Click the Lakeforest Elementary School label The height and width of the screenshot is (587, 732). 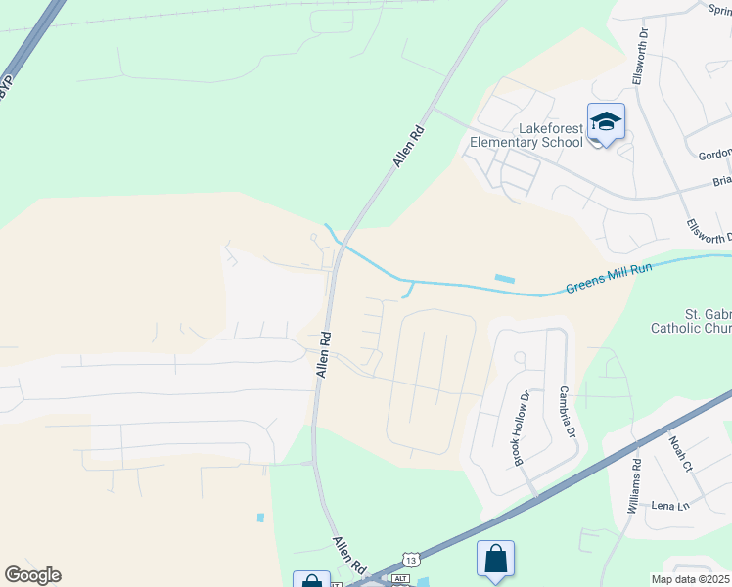tap(526, 135)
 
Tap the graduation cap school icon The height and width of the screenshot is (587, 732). tap(606, 121)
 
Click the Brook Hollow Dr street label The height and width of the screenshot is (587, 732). tap(522, 428)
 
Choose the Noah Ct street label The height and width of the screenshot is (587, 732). tap(681, 453)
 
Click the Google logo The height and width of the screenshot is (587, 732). tap(32, 575)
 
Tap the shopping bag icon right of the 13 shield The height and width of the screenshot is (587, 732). tap(495, 559)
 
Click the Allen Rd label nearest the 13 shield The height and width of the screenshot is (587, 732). tap(348, 556)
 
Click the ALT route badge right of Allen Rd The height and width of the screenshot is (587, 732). tap(399, 579)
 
